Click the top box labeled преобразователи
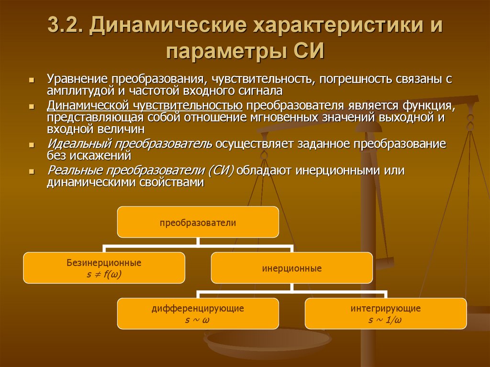(x=198, y=222)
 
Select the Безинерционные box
(x=104, y=267)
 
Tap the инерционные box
(x=291, y=268)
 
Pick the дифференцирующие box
(x=198, y=313)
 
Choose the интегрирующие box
(x=385, y=313)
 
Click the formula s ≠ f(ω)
(x=104, y=274)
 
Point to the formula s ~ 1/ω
(x=385, y=320)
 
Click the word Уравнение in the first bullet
(x=77, y=79)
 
